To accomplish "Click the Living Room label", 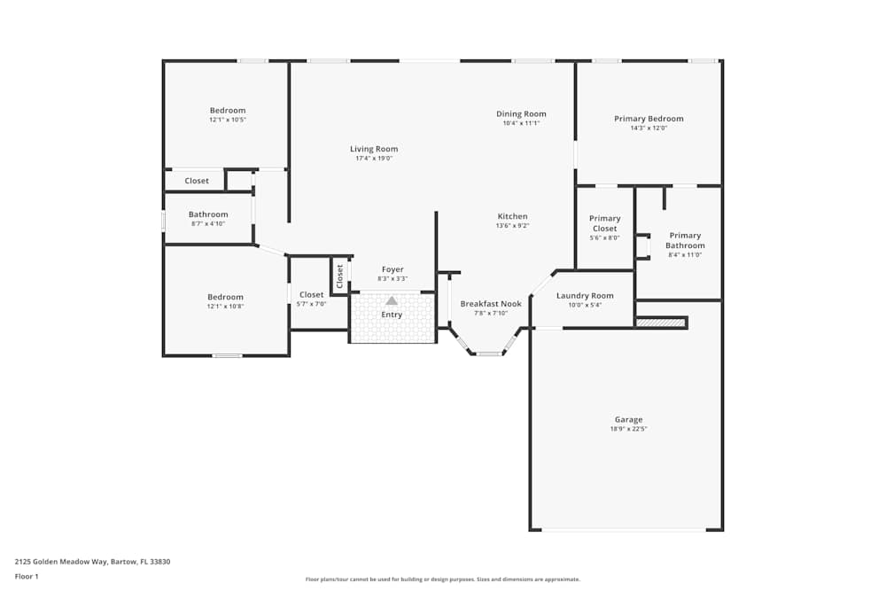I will click(x=374, y=149).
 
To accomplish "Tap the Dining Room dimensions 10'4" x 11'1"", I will click(x=521, y=123).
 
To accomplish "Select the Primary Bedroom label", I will click(x=649, y=119).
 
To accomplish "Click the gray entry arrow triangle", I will click(x=392, y=300).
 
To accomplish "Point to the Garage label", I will click(x=628, y=419).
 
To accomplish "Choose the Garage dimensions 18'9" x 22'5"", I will click(x=628, y=429).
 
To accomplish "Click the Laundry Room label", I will click(x=585, y=296).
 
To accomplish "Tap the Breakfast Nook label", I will click(x=491, y=303).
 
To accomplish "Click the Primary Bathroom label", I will click(x=685, y=241).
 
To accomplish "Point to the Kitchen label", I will click(x=512, y=216).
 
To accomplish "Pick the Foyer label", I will click(x=392, y=269).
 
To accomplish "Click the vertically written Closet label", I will click(x=339, y=276).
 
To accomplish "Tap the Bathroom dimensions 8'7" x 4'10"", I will click(x=208, y=223).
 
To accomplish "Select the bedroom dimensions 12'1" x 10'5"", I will click(x=228, y=120).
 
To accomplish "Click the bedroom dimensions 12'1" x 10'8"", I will click(x=225, y=307).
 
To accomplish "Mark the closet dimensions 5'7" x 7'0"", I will click(x=312, y=304).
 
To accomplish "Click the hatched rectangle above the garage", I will click(x=662, y=323).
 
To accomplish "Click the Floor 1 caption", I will click(x=27, y=576).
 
